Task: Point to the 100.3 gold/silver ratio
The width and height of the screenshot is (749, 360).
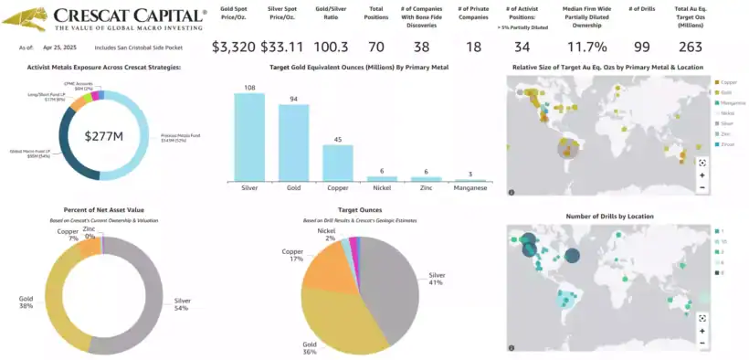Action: [335, 47]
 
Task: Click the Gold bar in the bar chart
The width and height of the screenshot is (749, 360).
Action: [293, 142]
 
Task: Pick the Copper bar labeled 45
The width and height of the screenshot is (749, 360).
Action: [338, 162]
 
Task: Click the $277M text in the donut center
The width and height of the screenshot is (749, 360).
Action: [103, 136]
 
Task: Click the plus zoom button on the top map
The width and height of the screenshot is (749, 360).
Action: [702, 175]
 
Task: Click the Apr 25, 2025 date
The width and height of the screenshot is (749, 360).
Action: [57, 47]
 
